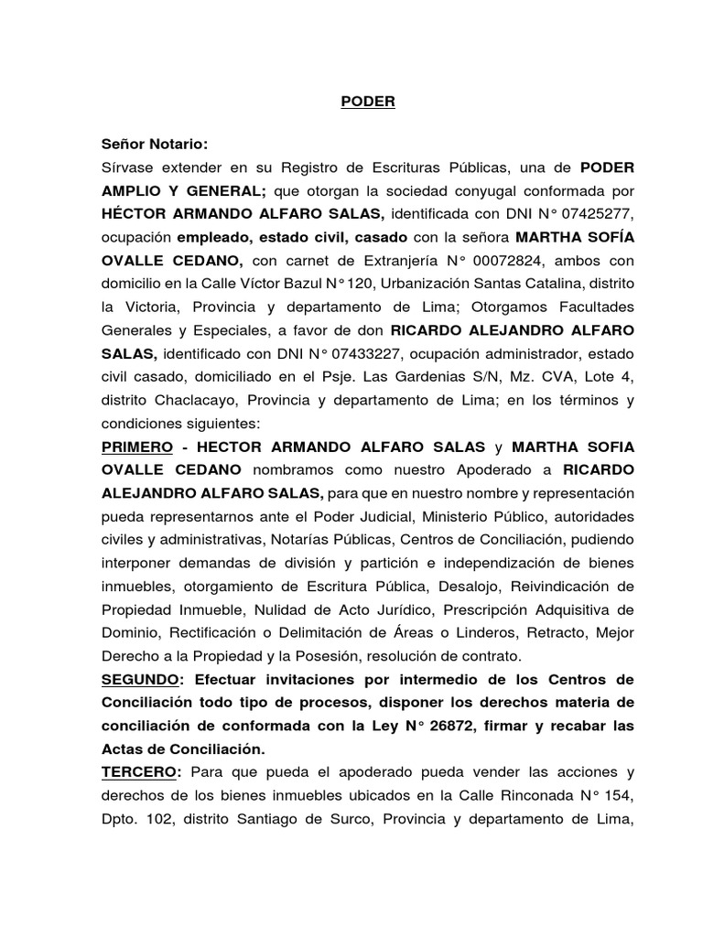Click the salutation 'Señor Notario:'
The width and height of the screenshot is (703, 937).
click(x=155, y=145)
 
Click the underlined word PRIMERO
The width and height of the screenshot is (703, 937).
click(x=137, y=447)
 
